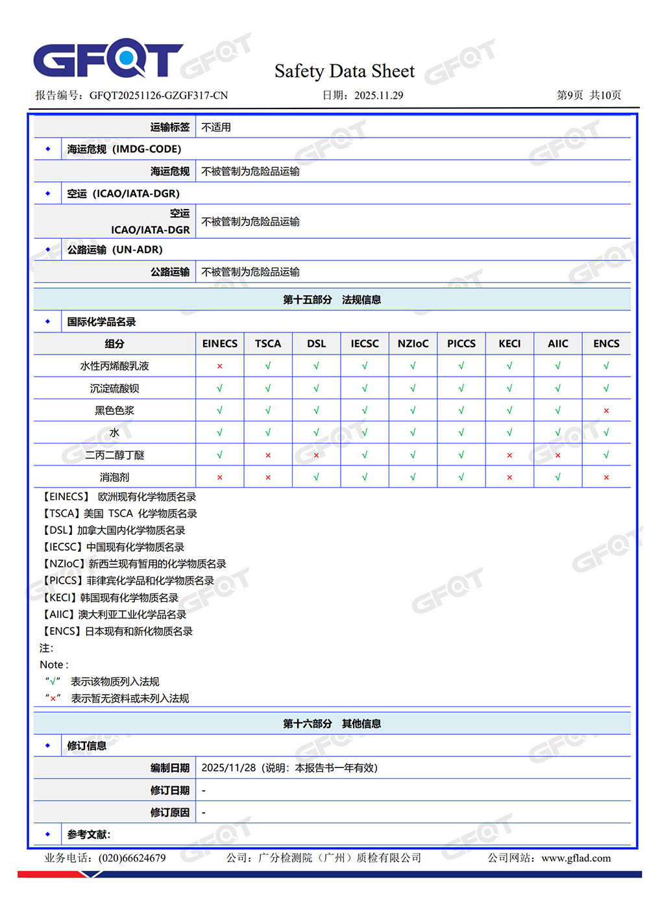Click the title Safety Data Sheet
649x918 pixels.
344,71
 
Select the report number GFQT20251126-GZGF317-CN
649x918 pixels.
158,95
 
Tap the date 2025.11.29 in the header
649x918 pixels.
378,95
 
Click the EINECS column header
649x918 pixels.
220,343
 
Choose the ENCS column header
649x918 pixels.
606,343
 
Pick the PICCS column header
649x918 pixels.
461,343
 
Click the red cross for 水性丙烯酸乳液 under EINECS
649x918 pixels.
220,366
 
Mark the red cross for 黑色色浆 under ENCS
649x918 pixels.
606,410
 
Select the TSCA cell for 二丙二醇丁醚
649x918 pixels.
268,455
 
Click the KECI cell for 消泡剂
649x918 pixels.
509,477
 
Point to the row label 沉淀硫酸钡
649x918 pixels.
114,388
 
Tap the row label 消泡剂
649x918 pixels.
114,477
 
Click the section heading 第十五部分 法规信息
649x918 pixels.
332,299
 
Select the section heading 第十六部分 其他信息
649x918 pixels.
332,723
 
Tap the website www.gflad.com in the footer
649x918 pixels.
576,858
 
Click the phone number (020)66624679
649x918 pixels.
132,858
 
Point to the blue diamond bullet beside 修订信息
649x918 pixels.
48,745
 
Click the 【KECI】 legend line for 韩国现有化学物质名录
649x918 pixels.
110,597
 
